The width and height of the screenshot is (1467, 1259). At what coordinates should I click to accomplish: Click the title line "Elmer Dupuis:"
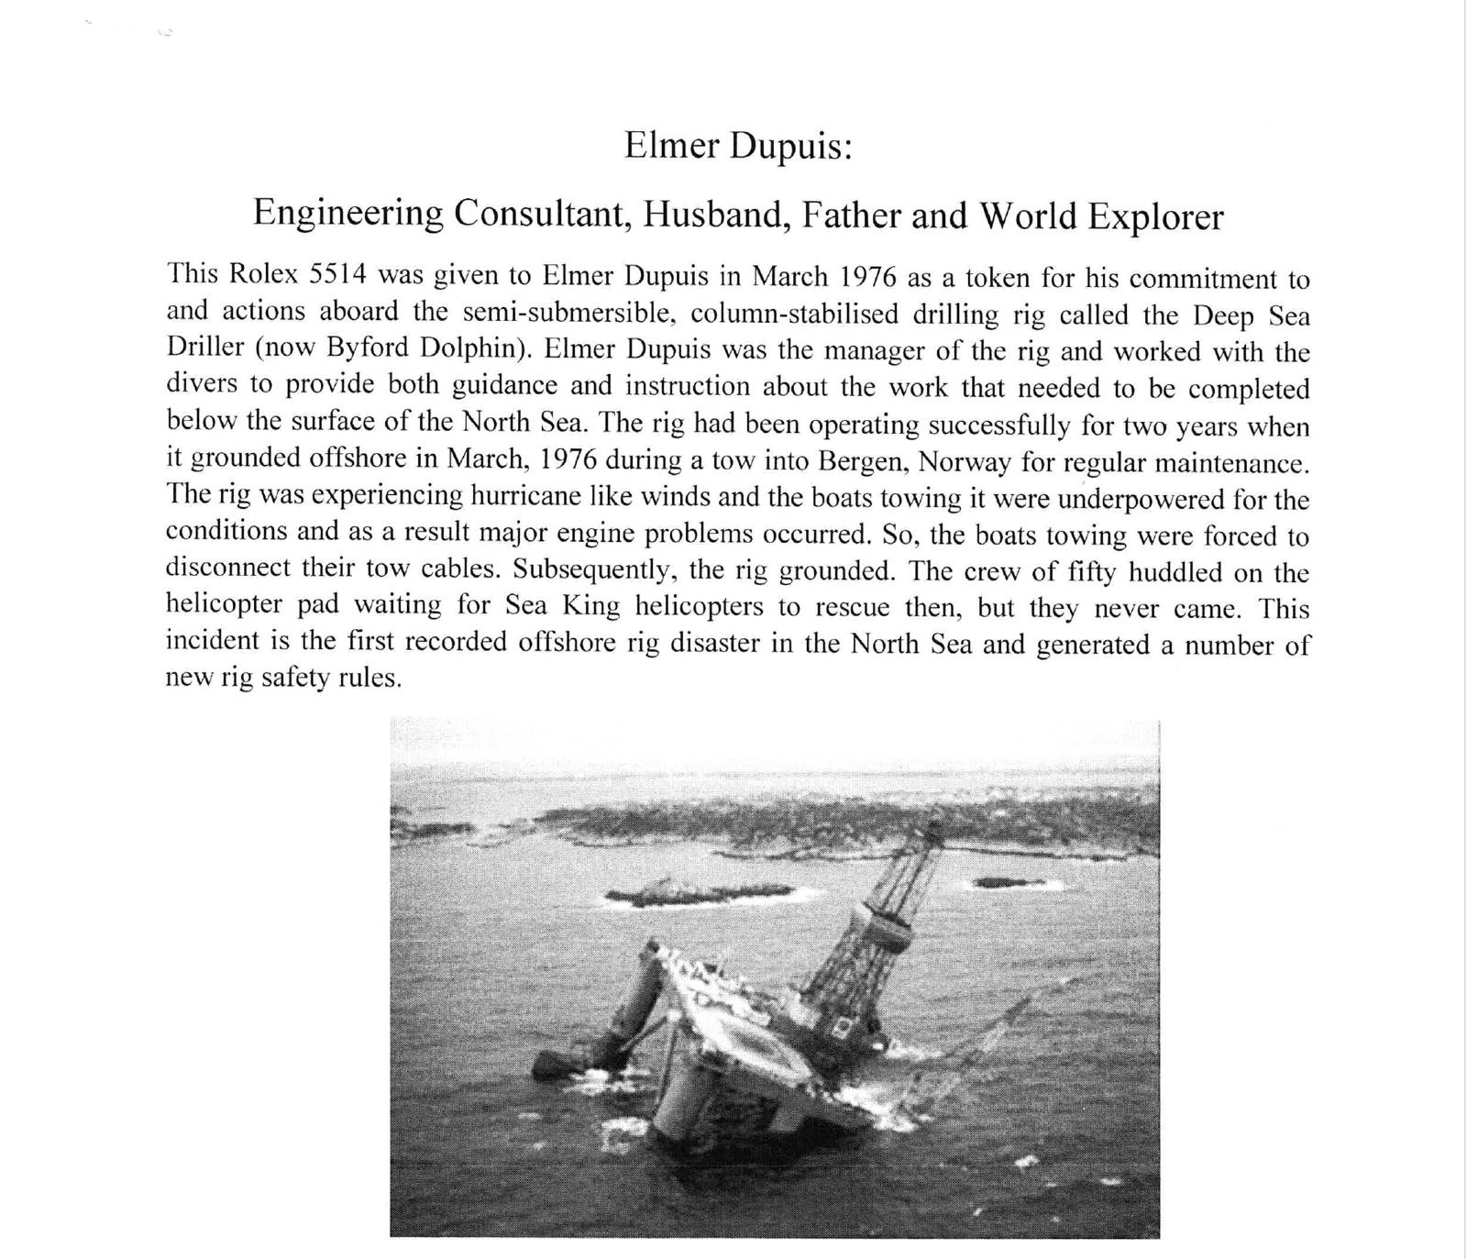coord(738,146)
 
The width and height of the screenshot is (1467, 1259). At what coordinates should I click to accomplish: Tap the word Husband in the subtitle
coord(716,215)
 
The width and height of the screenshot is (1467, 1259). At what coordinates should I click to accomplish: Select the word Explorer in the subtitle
coord(1155,217)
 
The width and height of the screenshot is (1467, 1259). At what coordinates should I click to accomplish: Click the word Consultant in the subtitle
coord(541,214)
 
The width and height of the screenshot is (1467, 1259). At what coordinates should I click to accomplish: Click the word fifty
coord(1093,572)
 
